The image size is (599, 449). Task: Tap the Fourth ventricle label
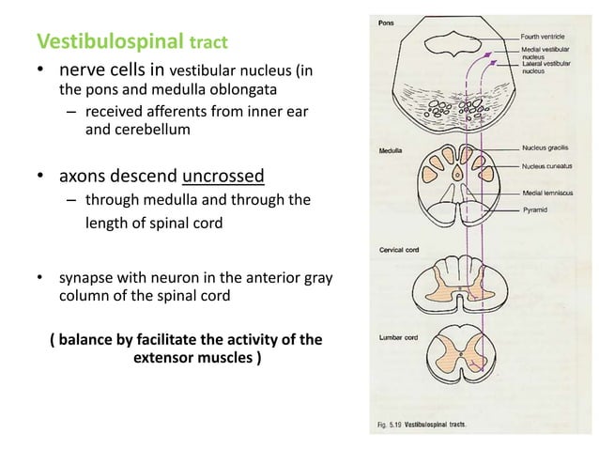(x=550, y=36)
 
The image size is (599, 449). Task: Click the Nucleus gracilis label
(x=550, y=148)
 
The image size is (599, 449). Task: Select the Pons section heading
(x=386, y=23)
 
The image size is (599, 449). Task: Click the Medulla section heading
(x=392, y=150)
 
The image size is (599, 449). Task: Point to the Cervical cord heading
(x=399, y=251)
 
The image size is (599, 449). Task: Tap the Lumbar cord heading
(x=398, y=335)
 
